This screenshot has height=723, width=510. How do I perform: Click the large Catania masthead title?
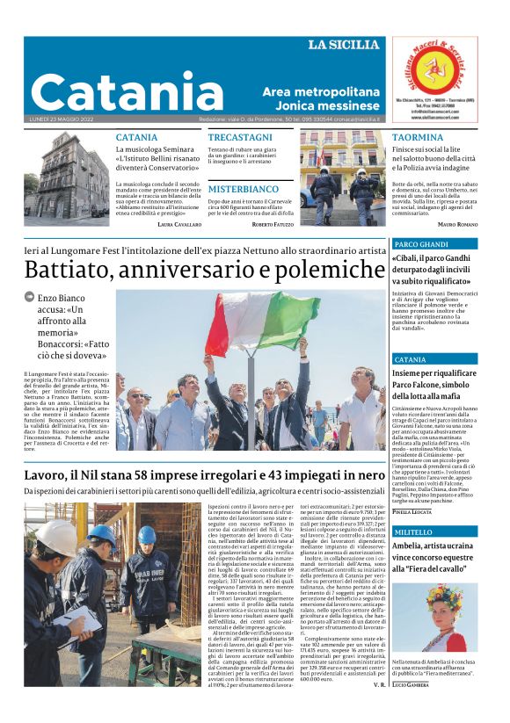tap(127, 92)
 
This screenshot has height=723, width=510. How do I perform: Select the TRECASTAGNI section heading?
tap(240, 138)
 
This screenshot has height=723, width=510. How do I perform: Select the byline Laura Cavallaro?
tap(179, 225)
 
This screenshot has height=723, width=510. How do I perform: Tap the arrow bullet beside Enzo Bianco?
tap(30, 298)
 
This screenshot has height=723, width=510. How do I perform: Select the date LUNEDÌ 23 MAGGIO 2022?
tap(62, 119)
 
